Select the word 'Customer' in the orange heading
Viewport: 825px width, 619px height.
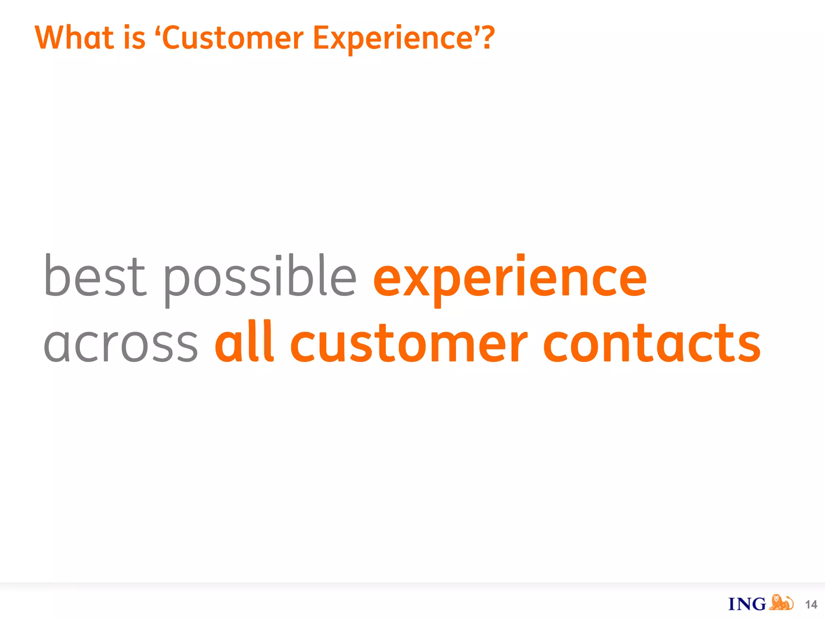233,38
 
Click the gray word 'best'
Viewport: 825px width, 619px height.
95,276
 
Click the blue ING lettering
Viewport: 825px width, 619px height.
747,604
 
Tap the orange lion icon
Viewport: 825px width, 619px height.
781,602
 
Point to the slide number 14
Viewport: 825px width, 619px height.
811,604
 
